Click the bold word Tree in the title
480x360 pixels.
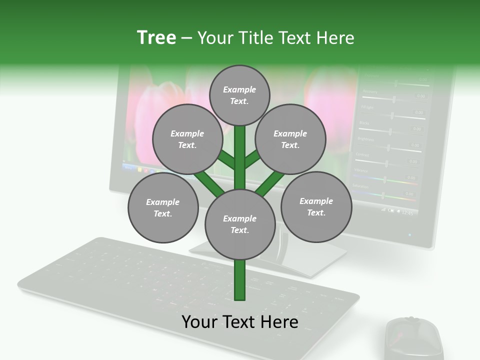(156, 37)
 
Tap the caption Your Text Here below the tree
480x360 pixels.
(239, 322)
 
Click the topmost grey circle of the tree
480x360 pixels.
(239, 95)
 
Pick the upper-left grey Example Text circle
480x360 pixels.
(187, 139)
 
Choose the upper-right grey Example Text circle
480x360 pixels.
(290, 139)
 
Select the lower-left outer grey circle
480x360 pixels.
(163, 207)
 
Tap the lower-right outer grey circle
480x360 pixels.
(316, 206)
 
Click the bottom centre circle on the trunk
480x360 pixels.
(239, 224)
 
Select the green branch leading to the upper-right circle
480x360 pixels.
(252, 159)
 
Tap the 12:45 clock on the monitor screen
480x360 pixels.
(407, 213)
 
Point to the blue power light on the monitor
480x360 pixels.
(410, 234)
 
